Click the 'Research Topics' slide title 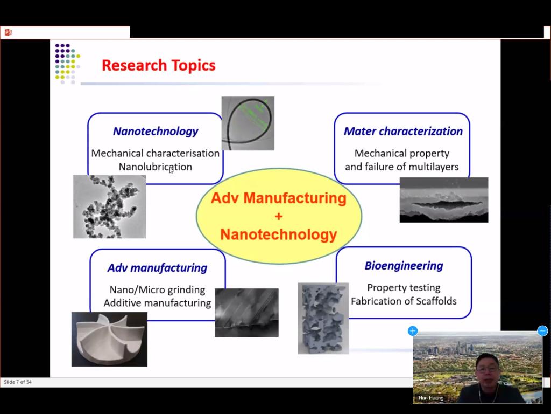(159, 65)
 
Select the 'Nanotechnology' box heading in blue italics (156, 132)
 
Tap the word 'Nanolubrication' (156, 167)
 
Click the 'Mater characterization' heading (402, 132)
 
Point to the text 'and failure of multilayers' (401, 167)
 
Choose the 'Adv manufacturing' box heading (157, 268)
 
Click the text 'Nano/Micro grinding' (157, 289)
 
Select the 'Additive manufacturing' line (157, 303)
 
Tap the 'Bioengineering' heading (404, 266)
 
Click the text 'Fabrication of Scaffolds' (404, 301)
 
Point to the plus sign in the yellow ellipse (279, 216)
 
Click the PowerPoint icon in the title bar (8, 32)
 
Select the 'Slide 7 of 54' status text (18, 382)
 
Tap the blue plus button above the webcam (413, 331)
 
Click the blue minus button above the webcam (542, 331)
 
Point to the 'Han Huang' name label (431, 398)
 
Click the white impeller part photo (109, 340)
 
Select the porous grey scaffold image (323, 318)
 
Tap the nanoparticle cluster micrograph (109, 206)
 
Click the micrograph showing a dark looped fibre (248, 123)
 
